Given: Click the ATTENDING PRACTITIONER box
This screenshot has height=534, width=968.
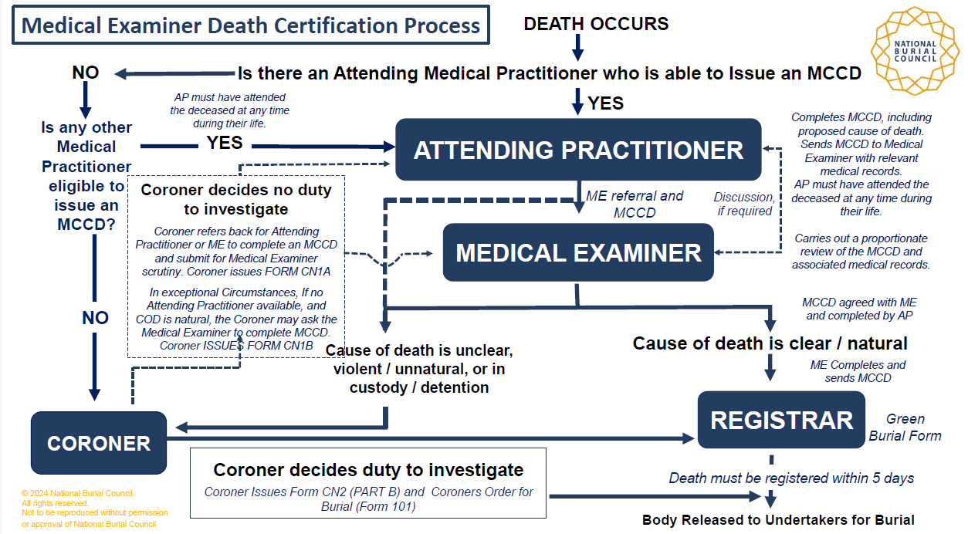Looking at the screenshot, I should click(578, 150).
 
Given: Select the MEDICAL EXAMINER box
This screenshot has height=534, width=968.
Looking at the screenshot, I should click(578, 252).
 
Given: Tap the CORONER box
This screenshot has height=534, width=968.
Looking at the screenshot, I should click(99, 443).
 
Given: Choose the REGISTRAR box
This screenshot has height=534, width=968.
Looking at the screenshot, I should click(781, 420).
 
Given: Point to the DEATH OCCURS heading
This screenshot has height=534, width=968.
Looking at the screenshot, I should click(596, 24).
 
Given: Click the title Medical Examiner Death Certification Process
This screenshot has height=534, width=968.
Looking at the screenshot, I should click(251, 25).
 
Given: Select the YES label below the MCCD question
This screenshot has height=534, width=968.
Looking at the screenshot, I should click(606, 103).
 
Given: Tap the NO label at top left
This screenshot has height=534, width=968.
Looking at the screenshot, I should click(86, 73).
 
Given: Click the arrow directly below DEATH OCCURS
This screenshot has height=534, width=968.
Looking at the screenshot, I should click(577, 48).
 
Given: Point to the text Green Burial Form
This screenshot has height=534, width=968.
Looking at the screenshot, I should click(905, 428).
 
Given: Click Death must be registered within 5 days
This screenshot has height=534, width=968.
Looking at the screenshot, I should click(791, 478).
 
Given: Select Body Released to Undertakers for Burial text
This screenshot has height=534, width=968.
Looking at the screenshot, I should click(778, 520).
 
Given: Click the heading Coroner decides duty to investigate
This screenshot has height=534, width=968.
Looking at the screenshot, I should click(368, 470).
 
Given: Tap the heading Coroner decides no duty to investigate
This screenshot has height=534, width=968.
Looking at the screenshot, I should click(236, 199).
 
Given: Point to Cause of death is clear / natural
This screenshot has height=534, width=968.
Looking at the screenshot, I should click(770, 343).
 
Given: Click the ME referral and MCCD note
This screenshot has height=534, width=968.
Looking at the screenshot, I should click(634, 204).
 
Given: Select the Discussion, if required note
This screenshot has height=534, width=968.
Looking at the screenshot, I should click(744, 204).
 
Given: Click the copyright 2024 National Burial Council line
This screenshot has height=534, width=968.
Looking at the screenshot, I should click(78, 493).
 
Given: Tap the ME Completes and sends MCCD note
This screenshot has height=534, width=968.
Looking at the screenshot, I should click(858, 371).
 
